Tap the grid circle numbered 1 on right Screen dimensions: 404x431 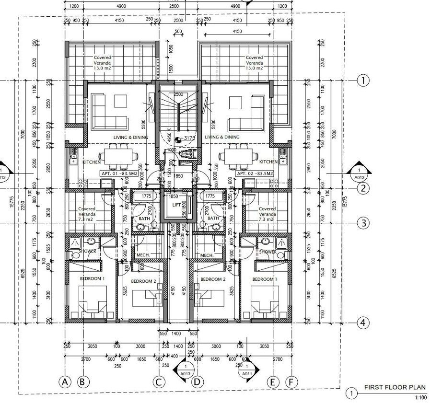click(x=363, y=81)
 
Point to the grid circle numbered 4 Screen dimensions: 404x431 click(x=363, y=323)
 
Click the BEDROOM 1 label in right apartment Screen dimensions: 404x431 click(x=264, y=279)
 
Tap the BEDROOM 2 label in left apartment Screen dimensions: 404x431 click(x=144, y=281)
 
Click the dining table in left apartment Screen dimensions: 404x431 click(x=118, y=156)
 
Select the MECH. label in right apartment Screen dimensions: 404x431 click(x=207, y=255)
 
